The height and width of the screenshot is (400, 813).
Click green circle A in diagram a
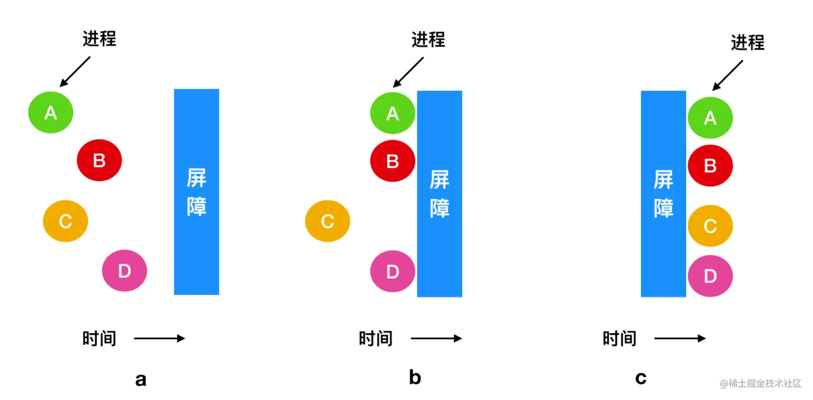[51, 112]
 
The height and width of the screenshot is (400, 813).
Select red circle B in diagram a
[99, 160]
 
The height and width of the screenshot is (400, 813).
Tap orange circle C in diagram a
[65, 221]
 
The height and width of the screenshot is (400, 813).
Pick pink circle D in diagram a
[124, 270]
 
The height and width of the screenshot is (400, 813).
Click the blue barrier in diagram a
[197, 192]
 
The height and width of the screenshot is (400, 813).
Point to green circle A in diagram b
[393, 113]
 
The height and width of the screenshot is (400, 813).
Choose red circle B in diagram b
[393, 161]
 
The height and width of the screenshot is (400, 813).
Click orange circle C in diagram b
[328, 221]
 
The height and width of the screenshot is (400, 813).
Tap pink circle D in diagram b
[393, 271]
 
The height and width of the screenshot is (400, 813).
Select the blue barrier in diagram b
[440, 194]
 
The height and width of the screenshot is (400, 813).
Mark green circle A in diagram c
[710, 118]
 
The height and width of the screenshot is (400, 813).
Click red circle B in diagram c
[710, 166]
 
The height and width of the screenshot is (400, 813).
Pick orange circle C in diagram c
[710, 226]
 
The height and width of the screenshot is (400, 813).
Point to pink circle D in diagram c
[710, 276]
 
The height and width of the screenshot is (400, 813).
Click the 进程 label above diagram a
[99, 39]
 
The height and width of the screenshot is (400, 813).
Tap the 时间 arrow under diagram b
[436, 339]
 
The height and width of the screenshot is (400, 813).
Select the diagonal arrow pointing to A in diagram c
[727, 76]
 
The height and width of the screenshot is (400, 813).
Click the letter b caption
[415, 377]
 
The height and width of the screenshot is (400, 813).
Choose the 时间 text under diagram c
[619, 339]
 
